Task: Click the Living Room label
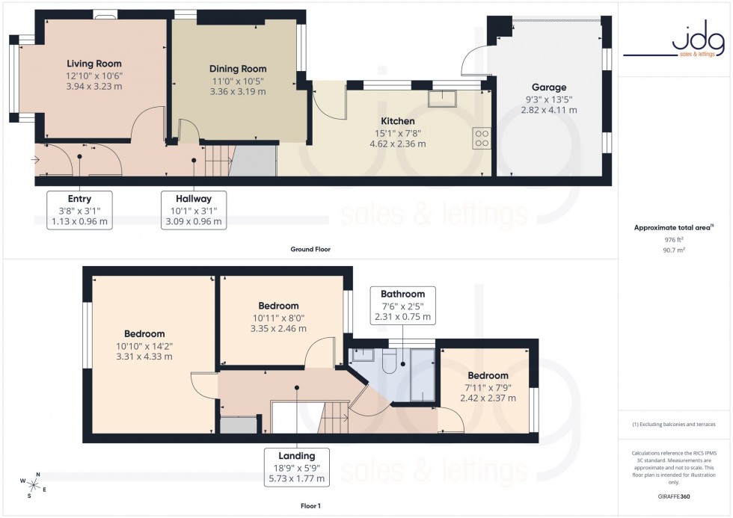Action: (x=93, y=64)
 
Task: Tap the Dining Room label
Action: (x=237, y=69)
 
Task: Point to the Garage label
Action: (x=548, y=87)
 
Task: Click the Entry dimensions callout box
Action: (x=79, y=210)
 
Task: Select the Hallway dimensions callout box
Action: (x=194, y=210)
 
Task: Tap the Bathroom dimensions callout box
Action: (x=402, y=305)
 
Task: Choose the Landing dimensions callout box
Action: (x=297, y=466)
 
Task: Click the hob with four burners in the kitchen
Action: (x=481, y=137)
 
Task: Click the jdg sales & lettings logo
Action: (x=675, y=43)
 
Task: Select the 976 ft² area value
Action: (x=675, y=239)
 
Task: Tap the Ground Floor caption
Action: (x=310, y=249)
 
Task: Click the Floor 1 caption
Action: (x=310, y=506)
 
